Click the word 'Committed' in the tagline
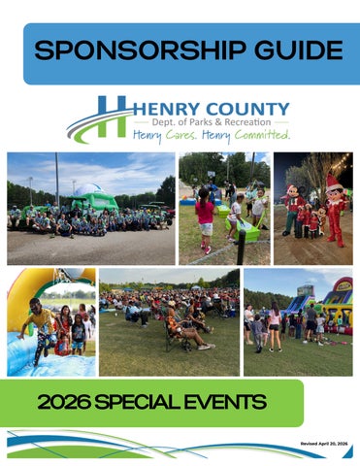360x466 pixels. point(257,137)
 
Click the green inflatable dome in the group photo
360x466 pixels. point(92,198)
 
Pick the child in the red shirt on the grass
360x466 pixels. point(204,216)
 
